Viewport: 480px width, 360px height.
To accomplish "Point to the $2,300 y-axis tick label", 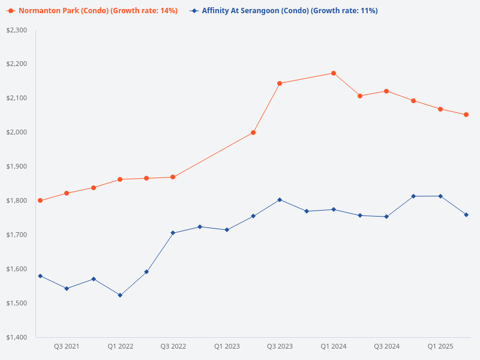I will pyautogui.click(x=16, y=30).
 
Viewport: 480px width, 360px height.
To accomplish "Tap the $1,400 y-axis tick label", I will pyautogui.click(x=16, y=337).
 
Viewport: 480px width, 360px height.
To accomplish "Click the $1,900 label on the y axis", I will pyautogui.click(x=16, y=166).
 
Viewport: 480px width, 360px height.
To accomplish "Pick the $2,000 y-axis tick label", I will pyautogui.click(x=16, y=132).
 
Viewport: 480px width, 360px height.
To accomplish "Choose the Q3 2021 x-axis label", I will pyautogui.click(x=67, y=347).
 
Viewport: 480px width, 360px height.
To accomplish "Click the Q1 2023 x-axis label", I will pyautogui.click(x=227, y=347).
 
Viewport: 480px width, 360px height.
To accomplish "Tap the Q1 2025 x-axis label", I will pyautogui.click(x=440, y=347).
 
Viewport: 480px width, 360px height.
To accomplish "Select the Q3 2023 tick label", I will pyautogui.click(x=280, y=347).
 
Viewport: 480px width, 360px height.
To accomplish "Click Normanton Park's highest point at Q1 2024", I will pyautogui.click(x=334, y=73).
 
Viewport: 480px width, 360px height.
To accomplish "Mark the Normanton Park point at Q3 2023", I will pyautogui.click(x=280, y=83).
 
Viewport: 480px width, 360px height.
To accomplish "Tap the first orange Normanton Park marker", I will pyautogui.click(x=40, y=200).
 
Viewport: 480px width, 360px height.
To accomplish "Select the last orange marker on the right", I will pyautogui.click(x=466, y=115).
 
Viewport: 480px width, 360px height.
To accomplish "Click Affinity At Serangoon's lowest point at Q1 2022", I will pyautogui.click(x=120, y=295).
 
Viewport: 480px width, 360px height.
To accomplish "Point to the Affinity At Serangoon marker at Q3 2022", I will pyautogui.click(x=173, y=233).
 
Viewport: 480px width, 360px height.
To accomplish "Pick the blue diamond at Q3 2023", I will pyautogui.click(x=280, y=200).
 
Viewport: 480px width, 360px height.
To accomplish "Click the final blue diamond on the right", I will pyautogui.click(x=466, y=215).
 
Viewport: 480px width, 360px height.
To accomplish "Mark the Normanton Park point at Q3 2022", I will pyautogui.click(x=173, y=177).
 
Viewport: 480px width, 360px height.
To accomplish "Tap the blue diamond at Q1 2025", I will pyautogui.click(x=440, y=196).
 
